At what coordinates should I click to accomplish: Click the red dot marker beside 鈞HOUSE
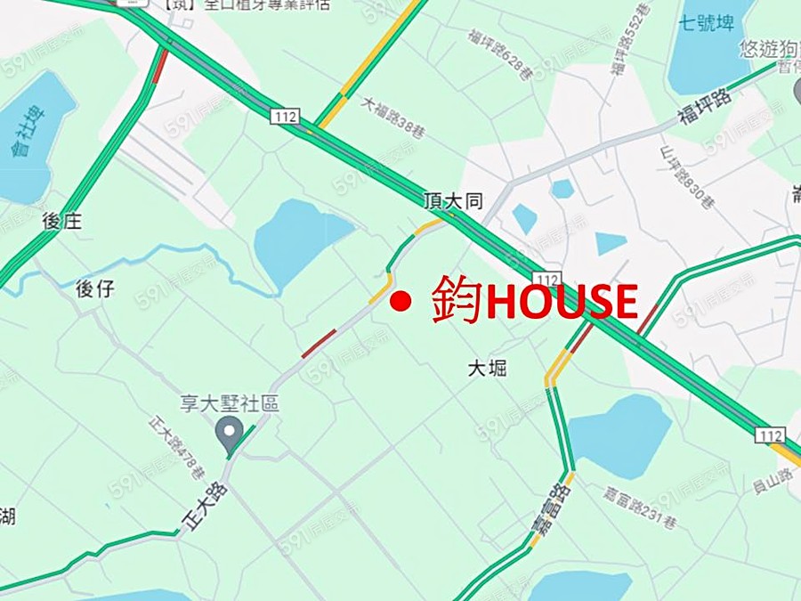pyautogui.click(x=400, y=303)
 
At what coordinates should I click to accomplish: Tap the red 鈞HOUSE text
pyautogui.click(x=535, y=301)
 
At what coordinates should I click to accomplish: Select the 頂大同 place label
pyautogui.click(x=452, y=203)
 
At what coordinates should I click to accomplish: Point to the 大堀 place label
pyautogui.click(x=487, y=367)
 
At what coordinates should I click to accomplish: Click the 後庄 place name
pyautogui.click(x=61, y=221)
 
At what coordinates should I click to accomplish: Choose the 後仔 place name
pyautogui.click(x=95, y=288)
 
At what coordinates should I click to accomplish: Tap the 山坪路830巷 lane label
pyautogui.click(x=687, y=178)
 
